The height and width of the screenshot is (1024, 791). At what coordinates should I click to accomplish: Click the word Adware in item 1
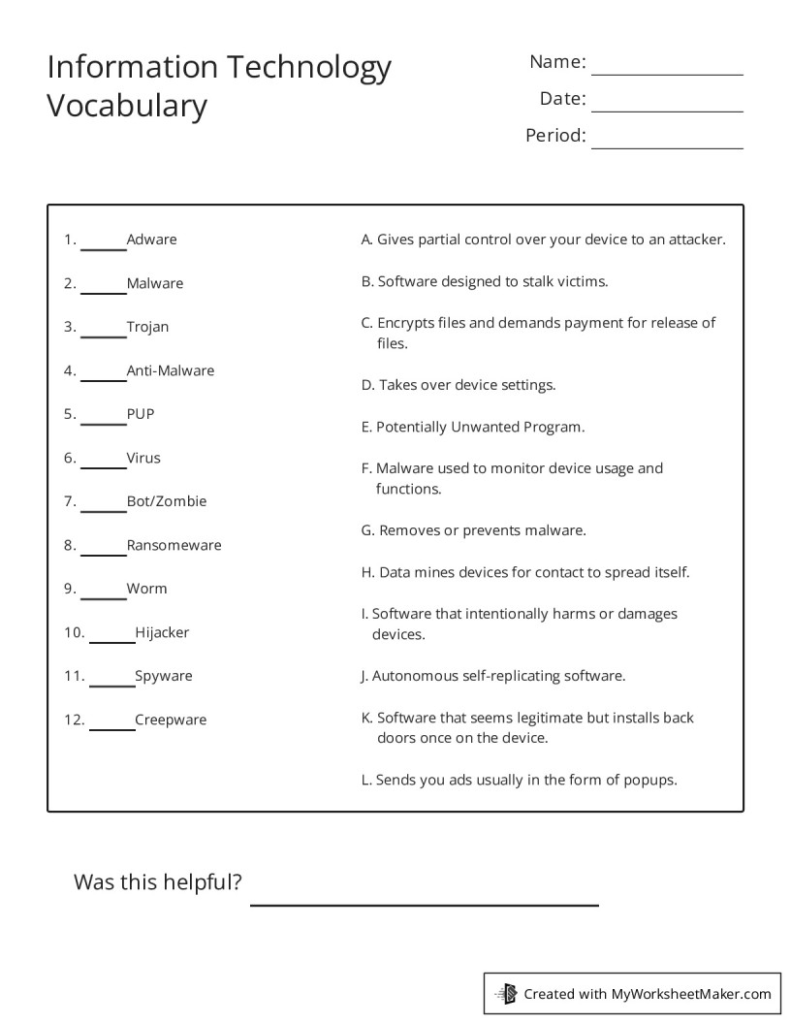(151, 240)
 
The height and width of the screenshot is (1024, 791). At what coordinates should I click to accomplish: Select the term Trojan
(147, 327)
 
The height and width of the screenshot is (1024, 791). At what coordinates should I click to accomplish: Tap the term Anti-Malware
(171, 370)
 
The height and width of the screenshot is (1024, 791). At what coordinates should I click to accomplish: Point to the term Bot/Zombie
(167, 501)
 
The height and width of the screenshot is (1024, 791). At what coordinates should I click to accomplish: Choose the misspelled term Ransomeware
(174, 545)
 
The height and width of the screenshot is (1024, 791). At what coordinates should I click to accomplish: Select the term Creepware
(171, 720)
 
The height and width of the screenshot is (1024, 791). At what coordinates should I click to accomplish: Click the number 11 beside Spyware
(74, 676)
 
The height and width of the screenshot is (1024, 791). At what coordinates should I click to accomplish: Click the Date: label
(562, 98)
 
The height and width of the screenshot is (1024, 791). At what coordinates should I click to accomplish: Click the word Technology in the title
(309, 68)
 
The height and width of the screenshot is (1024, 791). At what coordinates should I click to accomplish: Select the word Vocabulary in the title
(127, 105)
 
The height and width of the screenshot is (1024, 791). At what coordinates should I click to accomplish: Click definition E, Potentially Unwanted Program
(473, 427)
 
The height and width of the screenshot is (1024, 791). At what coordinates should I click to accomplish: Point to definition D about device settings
(459, 385)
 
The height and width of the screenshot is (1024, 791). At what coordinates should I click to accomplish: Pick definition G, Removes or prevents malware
(473, 530)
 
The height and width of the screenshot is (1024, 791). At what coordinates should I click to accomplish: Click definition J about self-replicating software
(492, 676)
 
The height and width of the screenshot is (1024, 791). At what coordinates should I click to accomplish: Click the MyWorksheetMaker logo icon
(507, 993)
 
